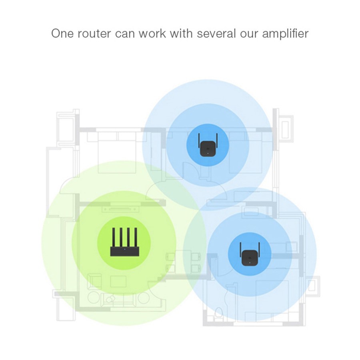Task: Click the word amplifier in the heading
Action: [x=285, y=33]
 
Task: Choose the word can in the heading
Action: [x=126, y=33]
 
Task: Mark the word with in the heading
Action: [x=181, y=33]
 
